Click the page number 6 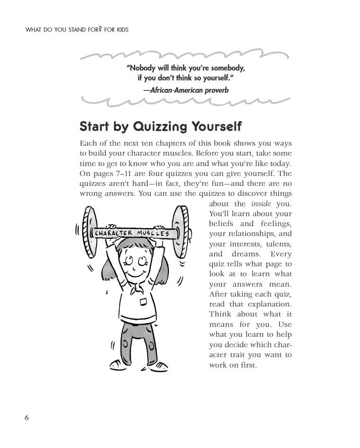[x=26, y=417]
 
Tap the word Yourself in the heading [x=216, y=126]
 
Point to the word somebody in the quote [x=225, y=68]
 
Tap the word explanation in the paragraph [x=269, y=304]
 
